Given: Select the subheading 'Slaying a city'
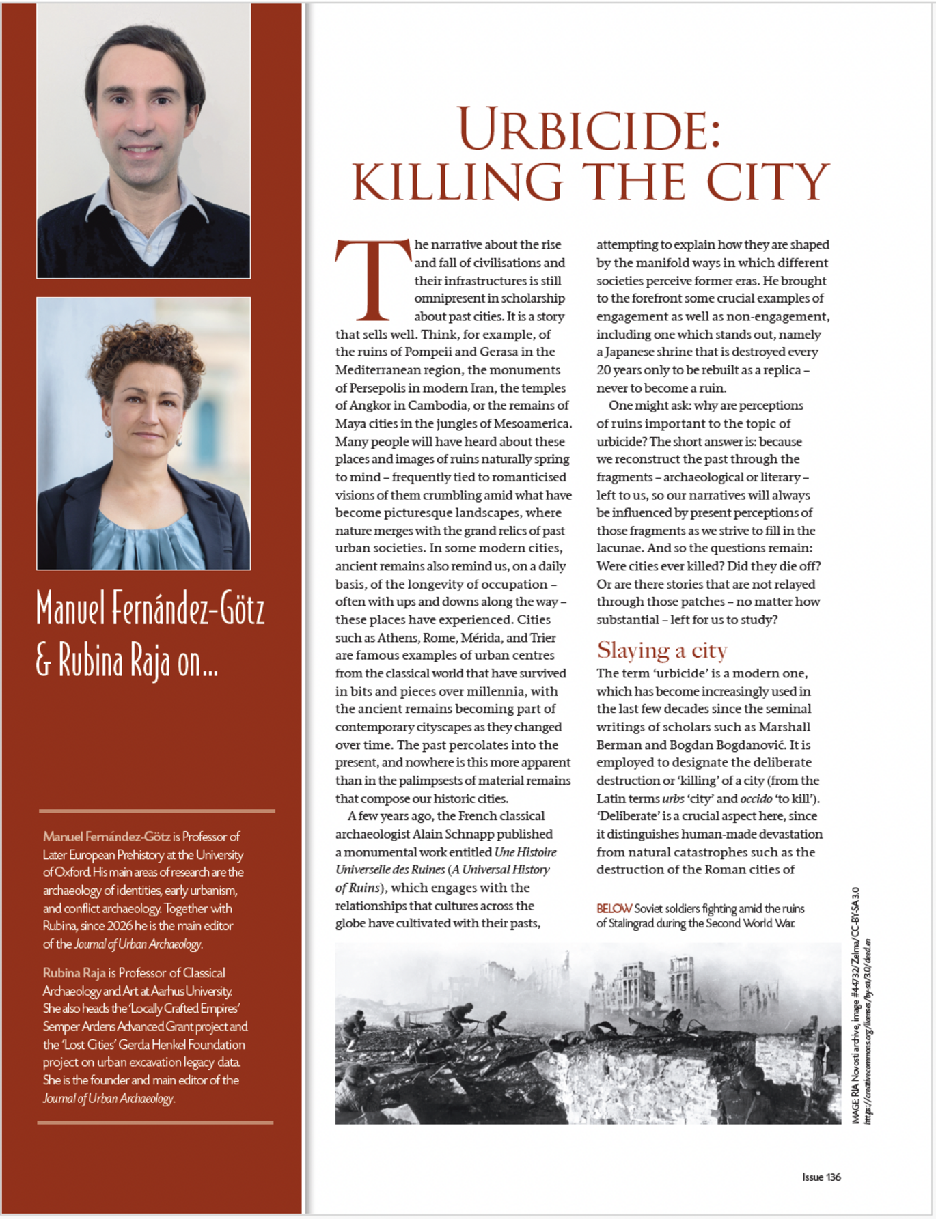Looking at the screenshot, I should tap(661, 650).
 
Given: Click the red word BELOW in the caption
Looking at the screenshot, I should tap(614, 909).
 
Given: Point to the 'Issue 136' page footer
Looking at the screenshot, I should tap(821, 1177).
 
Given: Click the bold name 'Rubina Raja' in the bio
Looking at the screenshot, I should tap(74, 972).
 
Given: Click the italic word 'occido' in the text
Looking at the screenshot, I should tap(756, 798).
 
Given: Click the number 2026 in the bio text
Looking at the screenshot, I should tap(120, 926).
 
